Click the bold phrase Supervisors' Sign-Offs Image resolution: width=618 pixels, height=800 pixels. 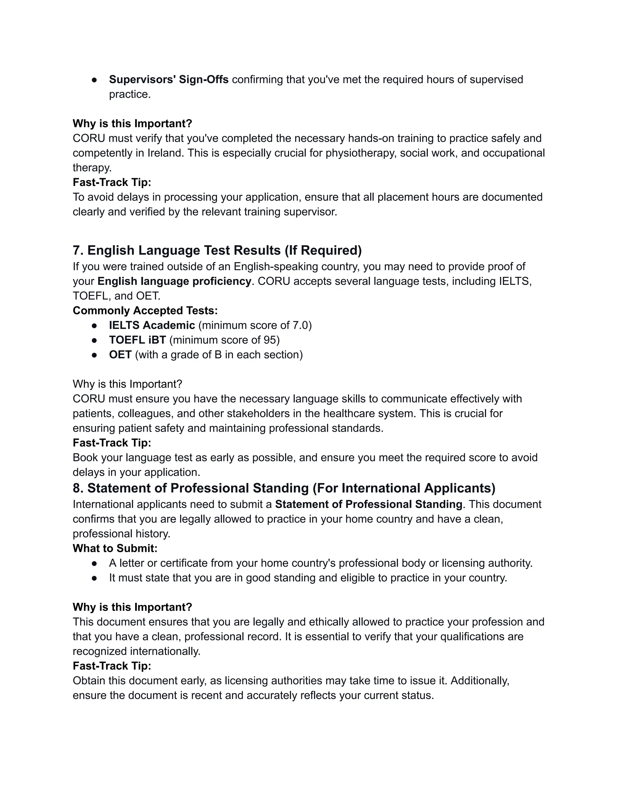point(168,79)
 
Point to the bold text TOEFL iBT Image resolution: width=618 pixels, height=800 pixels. point(137,340)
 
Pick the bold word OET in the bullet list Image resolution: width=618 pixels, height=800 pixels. point(120,355)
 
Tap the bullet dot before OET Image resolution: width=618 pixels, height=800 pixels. point(94,355)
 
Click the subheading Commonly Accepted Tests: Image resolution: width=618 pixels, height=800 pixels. point(145,311)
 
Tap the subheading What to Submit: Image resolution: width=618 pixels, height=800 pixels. point(115,548)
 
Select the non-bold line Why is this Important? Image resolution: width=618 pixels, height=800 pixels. point(127,384)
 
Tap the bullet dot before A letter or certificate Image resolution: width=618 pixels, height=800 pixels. point(94,563)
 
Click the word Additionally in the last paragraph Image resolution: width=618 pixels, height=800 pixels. point(479,680)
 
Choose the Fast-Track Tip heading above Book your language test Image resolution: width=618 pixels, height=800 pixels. point(112,443)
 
